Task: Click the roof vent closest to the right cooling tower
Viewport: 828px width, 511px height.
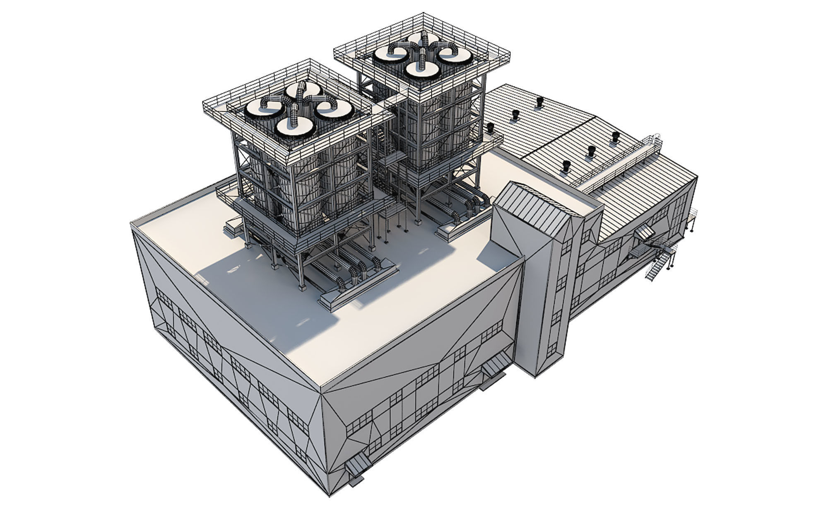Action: [490, 128]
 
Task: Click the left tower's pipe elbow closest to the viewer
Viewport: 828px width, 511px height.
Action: [340, 283]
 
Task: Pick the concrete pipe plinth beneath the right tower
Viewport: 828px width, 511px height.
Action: [451, 232]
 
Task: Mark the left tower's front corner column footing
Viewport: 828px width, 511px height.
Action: [303, 286]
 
